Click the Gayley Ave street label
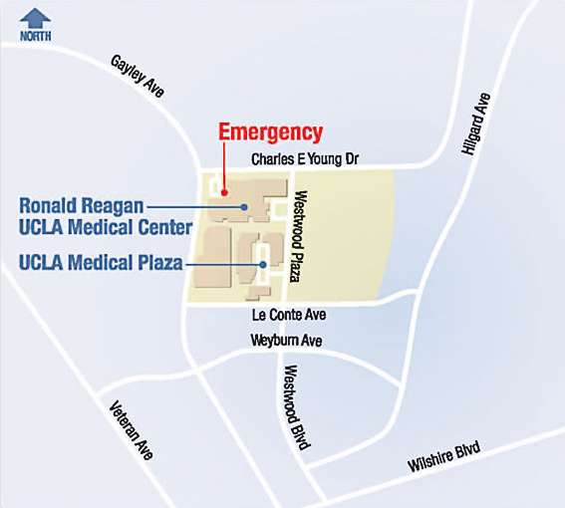(x=137, y=76)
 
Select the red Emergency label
(x=270, y=131)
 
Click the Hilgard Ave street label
(x=475, y=124)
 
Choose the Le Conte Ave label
(x=290, y=315)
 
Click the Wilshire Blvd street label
(x=443, y=460)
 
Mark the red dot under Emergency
(x=225, y=192)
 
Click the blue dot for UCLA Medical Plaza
(x=262, y=264)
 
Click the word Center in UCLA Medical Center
(x=162, y=228)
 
